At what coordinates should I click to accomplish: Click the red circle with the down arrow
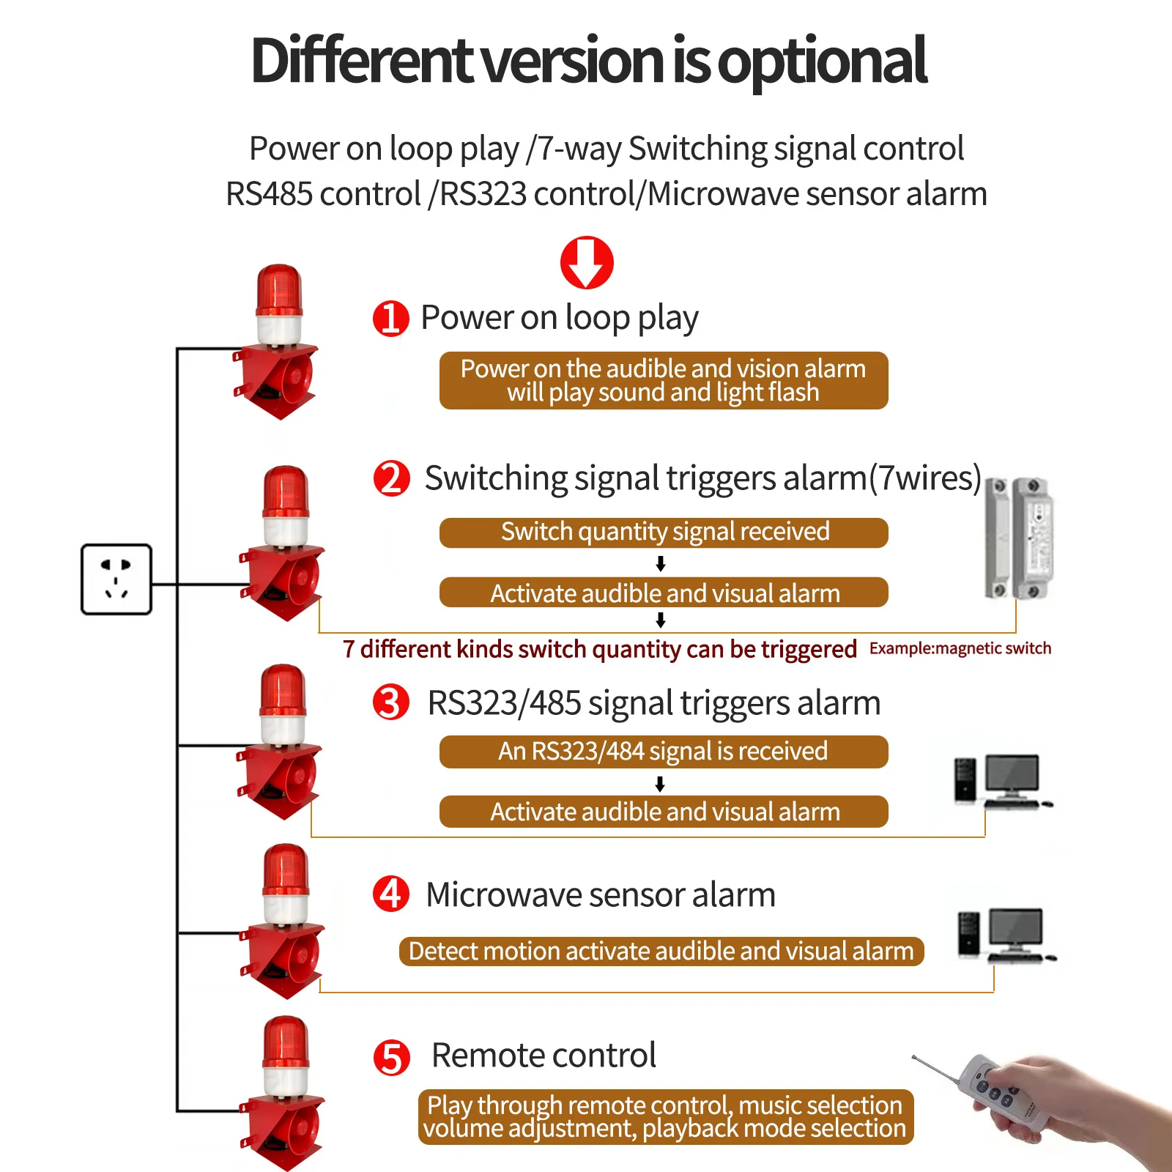pos(587,262)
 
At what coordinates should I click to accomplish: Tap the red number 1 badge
pos(390,318)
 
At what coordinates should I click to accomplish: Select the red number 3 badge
pos(391,702)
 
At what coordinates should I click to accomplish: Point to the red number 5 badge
pos(392,1058)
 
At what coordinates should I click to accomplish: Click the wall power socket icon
pos(116,579)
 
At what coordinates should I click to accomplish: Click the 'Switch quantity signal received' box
pos(664,533)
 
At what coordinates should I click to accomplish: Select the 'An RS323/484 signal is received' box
pos(664,752)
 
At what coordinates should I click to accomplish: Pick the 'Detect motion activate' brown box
pos(661,951)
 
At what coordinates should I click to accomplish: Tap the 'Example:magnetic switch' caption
pos(960,648)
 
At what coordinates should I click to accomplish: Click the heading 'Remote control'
pos(544,1056)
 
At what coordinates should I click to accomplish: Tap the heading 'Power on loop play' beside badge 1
pos(560,318)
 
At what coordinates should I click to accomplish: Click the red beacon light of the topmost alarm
pos(279,291)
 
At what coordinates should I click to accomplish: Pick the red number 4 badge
pos(391,894)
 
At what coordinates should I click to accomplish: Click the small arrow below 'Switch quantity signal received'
pos(661,563)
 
